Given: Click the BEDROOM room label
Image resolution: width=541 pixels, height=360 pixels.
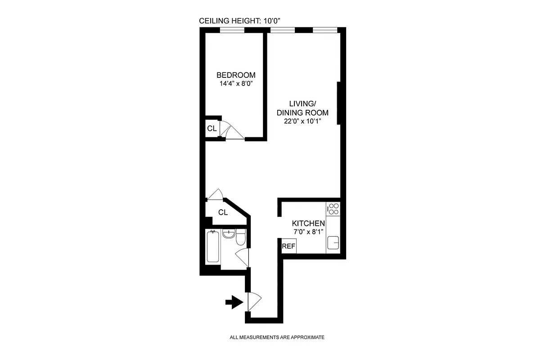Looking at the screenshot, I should click(x=236, y=75).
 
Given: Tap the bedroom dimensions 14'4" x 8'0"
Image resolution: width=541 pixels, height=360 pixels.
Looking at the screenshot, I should click(x=236, y=83).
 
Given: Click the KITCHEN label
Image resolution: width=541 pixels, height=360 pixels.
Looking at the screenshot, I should click(x=308, y=224).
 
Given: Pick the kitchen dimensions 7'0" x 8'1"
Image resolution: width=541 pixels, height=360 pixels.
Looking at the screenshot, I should click(x=308, y=232).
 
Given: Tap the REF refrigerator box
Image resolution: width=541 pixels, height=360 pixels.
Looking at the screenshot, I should click(x=289, y=246).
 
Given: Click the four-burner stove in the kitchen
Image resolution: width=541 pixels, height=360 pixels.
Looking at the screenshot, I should click(x=334, y=208).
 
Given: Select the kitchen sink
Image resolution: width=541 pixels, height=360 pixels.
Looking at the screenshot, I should click(x=334, y=243).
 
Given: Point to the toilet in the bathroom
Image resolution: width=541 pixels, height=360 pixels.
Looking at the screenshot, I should click(x=241, y=237).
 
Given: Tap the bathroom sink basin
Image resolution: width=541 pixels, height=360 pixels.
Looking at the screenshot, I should click(x=229, y=234).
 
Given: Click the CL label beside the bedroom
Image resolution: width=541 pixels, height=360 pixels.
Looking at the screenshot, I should click(x=212, y=128).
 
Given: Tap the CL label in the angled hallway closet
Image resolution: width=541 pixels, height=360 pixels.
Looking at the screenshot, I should click(x=223, y=212).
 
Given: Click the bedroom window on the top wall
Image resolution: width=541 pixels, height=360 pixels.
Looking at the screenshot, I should click(x=232, y=31).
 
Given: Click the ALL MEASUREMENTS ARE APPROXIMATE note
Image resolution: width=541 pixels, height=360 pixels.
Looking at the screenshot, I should click(x=277, y=337).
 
